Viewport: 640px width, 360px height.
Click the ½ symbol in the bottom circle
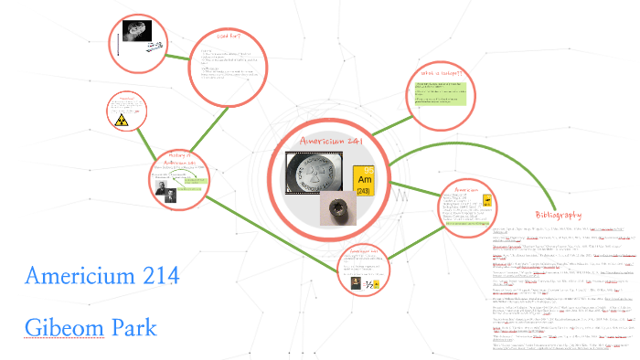click(372, 284)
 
